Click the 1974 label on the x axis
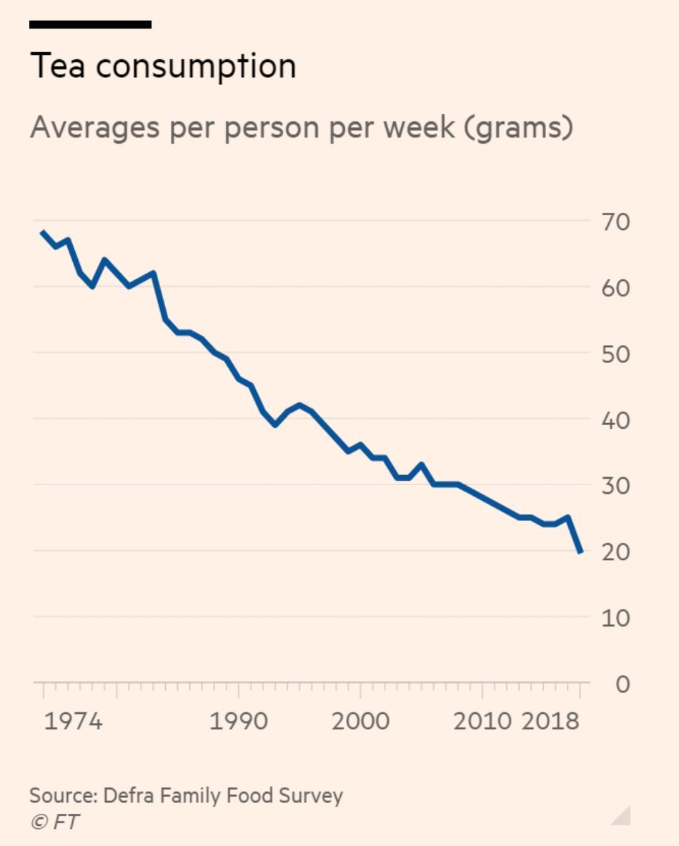tap(74, 721)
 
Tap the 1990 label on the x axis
tap(238, 721)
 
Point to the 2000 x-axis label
tap(360, 721)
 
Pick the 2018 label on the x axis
tap(550, 721)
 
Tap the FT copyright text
tap(54, 822)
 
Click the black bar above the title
tap(90, 24)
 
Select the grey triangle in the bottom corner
tap(623, 815)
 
